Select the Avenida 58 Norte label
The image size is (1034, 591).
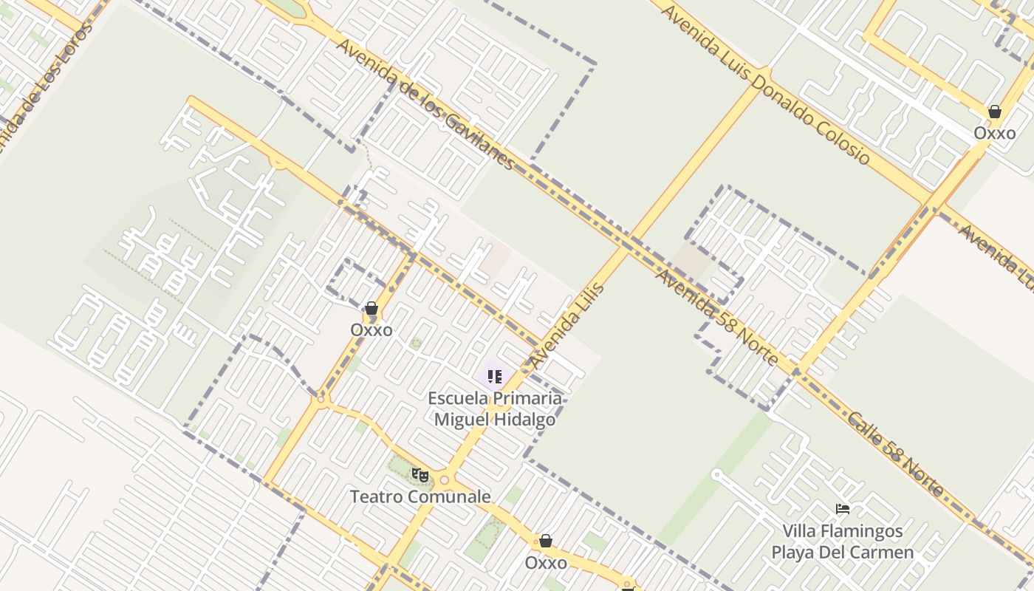(x=716, y=318)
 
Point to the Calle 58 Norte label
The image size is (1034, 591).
(x=896, y=454)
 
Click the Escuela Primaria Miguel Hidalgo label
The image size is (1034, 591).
(x=495, y=409)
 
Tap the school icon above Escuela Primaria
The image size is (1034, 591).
(x=494, y=377)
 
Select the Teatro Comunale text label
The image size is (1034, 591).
(x=420, y=496)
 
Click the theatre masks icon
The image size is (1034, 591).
(x=420, y=474)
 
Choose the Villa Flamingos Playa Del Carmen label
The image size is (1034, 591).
(x=843, y=542)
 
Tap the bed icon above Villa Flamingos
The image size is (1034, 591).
(x=842, y=508)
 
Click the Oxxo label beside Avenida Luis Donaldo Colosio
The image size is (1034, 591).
(x=994, y=134)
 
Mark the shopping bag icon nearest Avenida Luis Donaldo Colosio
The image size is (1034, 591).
(x=994, y=112)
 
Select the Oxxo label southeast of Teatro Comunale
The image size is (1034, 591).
(x=546, y=563)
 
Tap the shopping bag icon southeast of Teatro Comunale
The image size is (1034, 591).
(x=546, y=542)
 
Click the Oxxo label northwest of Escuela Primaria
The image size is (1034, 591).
(x=372, y=330)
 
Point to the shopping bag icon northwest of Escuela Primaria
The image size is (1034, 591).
(x=372, y=308)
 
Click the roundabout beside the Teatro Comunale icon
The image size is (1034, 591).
(x=444, y=479)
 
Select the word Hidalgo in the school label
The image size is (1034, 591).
(x=527, y=420)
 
